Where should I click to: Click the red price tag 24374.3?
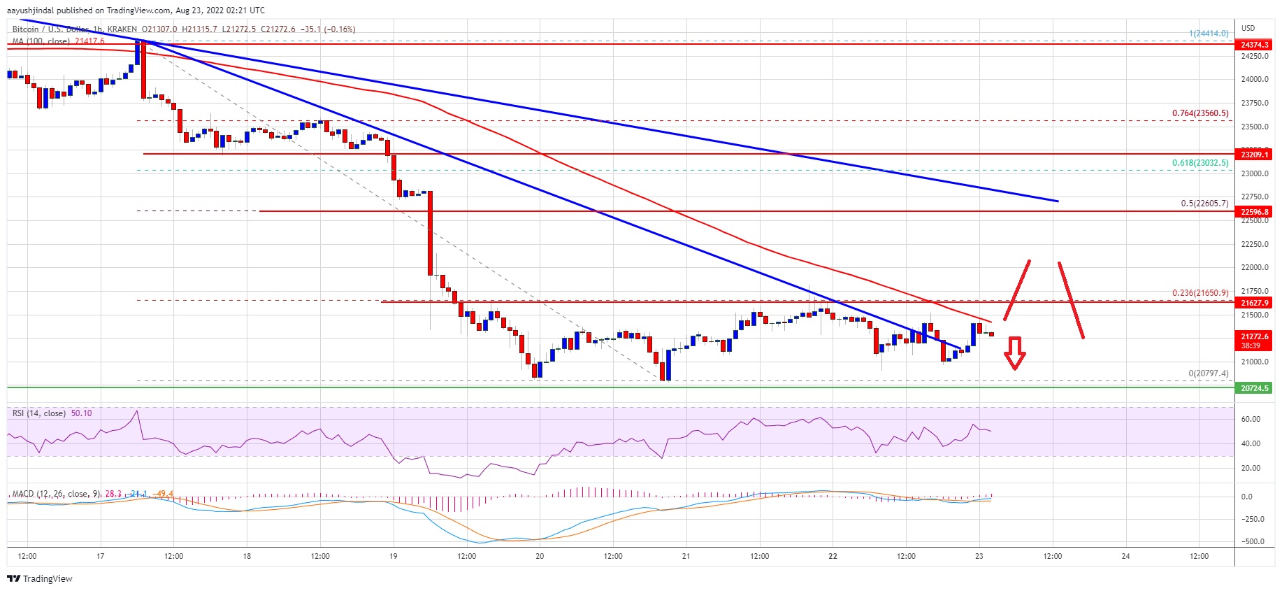click(x=1254, y=45)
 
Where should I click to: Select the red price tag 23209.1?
click(x=1254, y=155)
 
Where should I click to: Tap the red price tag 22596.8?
click(x=1254, y=212)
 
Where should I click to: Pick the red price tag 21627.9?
click(x=1254, y=303)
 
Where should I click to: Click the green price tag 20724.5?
click(x=1254, y=388)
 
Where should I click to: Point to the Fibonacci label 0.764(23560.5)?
click(x=1200, y=113)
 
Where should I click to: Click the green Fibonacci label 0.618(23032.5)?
click(x=1200, y=163)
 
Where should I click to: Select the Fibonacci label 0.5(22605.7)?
click(x=1204, y=204)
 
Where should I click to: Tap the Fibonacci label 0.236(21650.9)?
click(x=1200, y=293)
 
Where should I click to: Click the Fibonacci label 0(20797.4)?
click(x=1208, y=373)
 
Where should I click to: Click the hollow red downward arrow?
click(x=1014, y=353)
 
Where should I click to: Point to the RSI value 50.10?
click(x=81, y=413)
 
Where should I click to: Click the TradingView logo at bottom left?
click(x=40, y=578)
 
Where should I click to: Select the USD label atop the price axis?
click(x=1248, y=28)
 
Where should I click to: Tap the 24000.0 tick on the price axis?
click(x=1254, y=80)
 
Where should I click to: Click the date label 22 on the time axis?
click(x=833, y=556)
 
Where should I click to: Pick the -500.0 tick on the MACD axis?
click(x=1251, y=541)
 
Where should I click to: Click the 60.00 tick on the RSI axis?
click(x=1251, y=420)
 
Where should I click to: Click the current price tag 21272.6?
click(x=1254, y=336)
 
